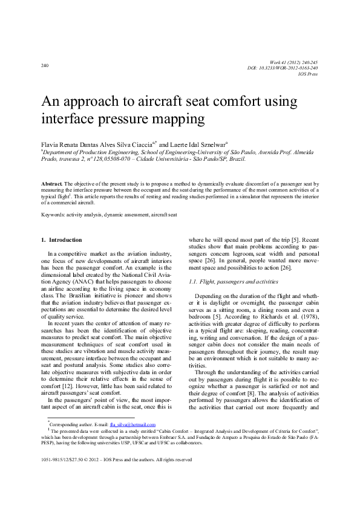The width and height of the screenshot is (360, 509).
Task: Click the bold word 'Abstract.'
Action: pos(51,183)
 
